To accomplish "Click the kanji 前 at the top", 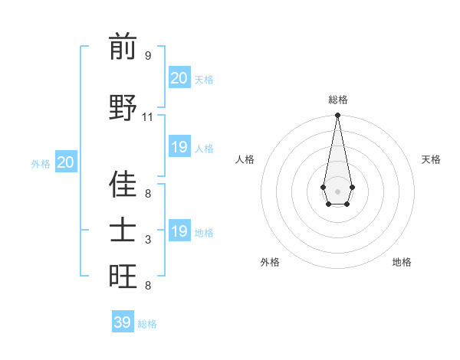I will point(123,47).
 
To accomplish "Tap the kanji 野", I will point(123,107).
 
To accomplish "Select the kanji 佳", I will point(123,185).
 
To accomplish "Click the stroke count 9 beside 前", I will point(148,55).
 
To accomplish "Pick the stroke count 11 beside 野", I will point(148,116).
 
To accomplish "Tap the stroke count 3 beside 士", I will point(148,240).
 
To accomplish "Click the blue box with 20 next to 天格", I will point(179,78).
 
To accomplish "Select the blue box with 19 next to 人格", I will point(179,147).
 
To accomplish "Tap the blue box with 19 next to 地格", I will point(179,231).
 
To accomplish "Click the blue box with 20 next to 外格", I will point(66,162).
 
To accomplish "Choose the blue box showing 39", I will point(123,322).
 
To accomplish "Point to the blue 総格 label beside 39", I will point(147,324).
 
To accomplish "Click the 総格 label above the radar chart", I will point(337,100).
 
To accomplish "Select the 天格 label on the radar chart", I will point(431,159).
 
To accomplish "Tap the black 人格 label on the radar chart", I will point(245,159).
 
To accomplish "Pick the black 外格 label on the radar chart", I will point(270,262).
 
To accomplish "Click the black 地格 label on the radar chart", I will point(402,262).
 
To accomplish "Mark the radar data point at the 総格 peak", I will point(337,116).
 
